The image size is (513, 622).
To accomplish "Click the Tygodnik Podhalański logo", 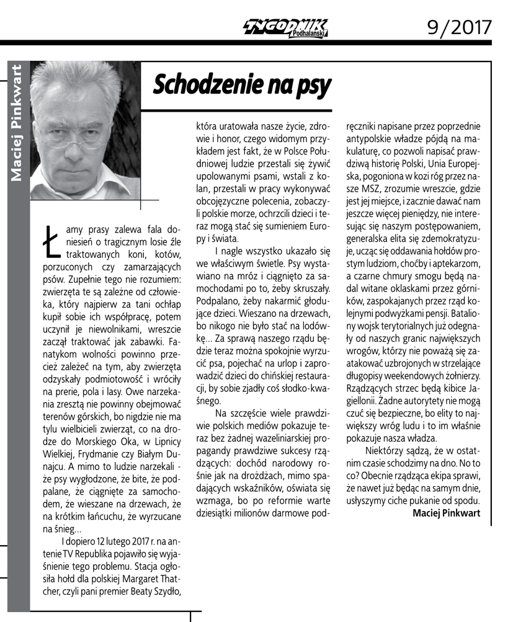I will click(x=286, y=27).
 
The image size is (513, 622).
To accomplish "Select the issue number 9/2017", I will click(x=460, y=26).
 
